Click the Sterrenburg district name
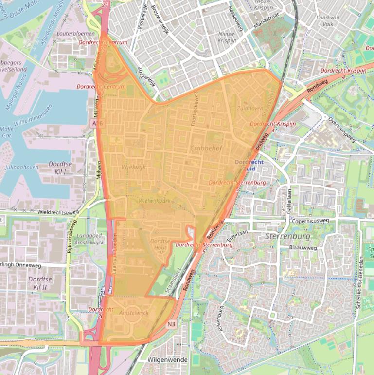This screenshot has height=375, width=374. [288, 237]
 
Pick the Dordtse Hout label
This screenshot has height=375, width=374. [159, 244]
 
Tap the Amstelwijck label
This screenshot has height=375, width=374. [134, 312]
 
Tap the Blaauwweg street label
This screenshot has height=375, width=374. [303, 248]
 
